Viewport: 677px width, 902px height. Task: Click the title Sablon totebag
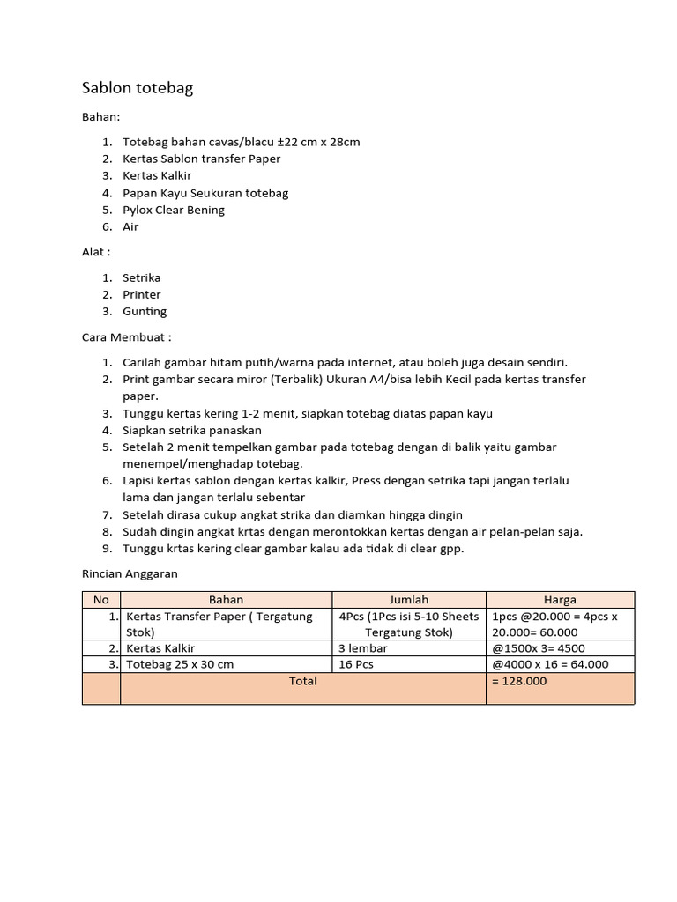137,87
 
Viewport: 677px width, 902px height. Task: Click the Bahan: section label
100,116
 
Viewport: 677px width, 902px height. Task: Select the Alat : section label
96,252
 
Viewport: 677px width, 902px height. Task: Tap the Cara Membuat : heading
126,337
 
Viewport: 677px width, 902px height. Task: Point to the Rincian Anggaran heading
130,573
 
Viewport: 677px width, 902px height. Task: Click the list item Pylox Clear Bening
174,210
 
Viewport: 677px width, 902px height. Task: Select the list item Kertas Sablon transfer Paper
201,159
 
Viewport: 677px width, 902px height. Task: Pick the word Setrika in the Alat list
141,277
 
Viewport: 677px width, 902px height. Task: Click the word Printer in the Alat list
141,294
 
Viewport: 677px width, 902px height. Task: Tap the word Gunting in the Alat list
145,311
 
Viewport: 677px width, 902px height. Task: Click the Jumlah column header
408,600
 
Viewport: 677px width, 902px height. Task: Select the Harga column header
560,600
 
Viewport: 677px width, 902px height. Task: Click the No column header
100,600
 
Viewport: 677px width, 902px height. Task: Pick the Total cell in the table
302,681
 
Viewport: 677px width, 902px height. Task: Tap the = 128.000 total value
519,681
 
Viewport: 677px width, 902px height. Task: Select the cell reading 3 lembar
362,648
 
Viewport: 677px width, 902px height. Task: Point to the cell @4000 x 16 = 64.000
550,664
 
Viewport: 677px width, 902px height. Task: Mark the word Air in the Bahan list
130,226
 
